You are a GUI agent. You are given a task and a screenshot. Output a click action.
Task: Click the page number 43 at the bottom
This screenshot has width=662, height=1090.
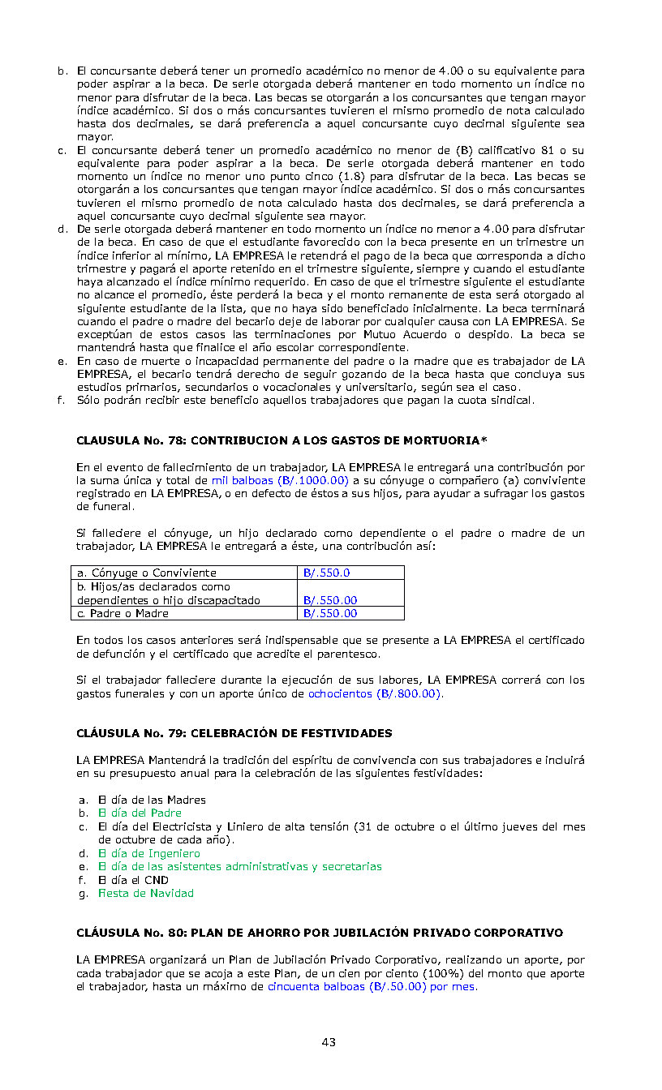tap(329, 1042)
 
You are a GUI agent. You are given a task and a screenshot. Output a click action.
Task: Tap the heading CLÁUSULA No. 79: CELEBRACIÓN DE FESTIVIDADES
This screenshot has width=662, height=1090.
tap(234, 733)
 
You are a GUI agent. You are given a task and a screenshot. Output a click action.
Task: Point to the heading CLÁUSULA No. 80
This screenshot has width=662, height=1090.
tap(320, 933)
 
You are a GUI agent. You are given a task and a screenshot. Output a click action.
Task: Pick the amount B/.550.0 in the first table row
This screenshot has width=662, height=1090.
tap(327, 573)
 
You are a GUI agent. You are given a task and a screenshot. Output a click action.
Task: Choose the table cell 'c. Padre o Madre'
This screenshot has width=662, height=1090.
tap(123, 613)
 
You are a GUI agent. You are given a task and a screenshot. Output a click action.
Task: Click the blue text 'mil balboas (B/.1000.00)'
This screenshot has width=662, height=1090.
tap(280, 480)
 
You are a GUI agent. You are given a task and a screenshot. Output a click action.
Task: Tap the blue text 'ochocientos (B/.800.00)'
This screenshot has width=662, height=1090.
tap(375, 693)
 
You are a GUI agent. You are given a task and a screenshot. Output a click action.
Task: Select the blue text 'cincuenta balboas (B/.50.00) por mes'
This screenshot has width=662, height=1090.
tap(372, 987)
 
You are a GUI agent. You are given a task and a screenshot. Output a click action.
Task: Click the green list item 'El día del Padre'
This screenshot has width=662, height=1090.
tap(140, 813)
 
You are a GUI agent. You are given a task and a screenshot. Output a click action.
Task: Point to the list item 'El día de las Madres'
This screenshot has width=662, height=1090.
tap(152, 800)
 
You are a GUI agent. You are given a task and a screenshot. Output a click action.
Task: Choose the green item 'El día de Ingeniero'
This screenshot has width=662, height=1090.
tap(149, 853)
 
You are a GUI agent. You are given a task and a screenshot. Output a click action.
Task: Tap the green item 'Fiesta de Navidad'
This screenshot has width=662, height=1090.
tap(146, 893)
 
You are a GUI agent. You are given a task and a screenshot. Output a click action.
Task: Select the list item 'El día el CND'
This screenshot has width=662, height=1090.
tap(133, 880)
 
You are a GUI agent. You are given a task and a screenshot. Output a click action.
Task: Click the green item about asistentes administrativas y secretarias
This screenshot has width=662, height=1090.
tap(239, 866)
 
